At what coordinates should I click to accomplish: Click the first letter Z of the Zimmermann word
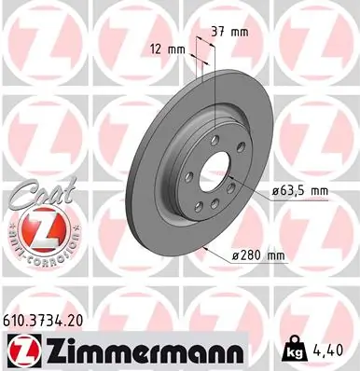[x=57, y=351]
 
